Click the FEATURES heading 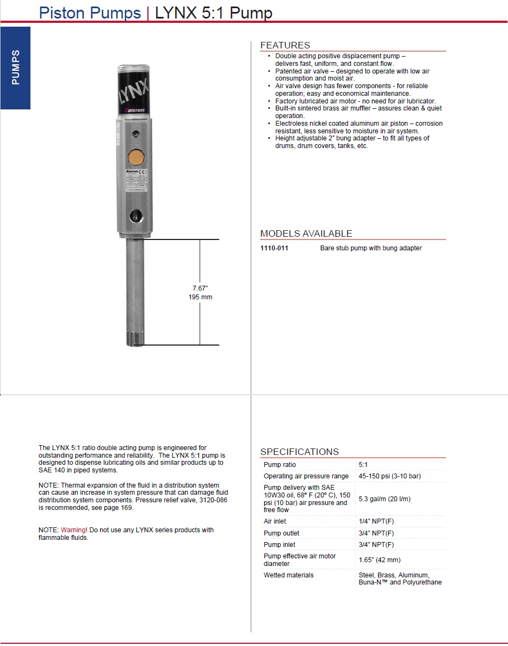click(285, 45)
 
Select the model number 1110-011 click(274, 248)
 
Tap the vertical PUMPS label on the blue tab click(15, 67)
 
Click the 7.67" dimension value click(200, 288)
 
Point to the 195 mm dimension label click(200, 297)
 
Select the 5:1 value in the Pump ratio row click(363, 465)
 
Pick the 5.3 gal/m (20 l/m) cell click(385, 499)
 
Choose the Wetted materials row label click(288, 575)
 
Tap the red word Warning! click(74, 530)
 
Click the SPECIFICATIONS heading click(299, 452)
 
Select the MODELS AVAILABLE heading click(306, 233)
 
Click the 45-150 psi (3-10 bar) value click(389, 476)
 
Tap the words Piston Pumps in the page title click(90, 13)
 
